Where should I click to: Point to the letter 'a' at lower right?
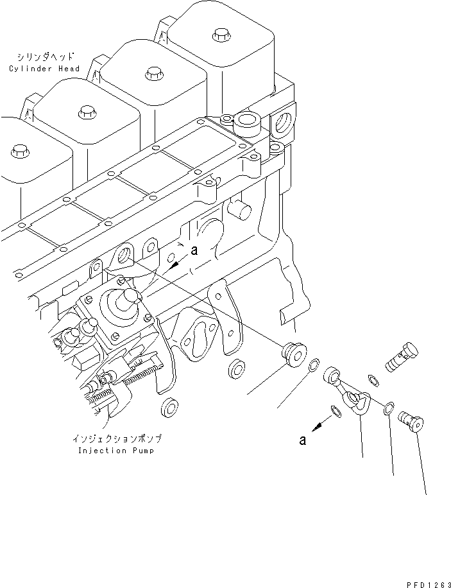pyautogui.click(x=302, y=440)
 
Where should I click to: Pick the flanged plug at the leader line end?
pyautogui.click(x=293, y=352)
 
